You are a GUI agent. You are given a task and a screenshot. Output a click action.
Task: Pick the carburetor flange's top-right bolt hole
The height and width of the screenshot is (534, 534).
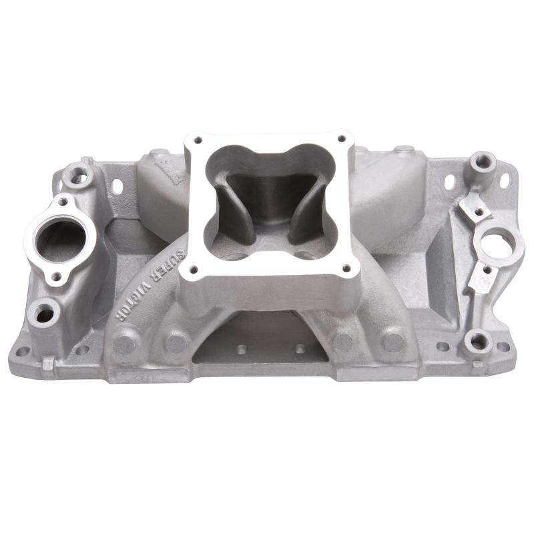coord(342,138)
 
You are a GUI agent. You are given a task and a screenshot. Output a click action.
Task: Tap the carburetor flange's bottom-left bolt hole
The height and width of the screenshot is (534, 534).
coord(195,270)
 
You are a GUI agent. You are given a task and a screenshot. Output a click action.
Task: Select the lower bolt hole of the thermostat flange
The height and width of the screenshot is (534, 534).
coord(57,276)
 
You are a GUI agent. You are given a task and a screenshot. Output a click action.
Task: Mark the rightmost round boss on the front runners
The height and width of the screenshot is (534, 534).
coord(394,342)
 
